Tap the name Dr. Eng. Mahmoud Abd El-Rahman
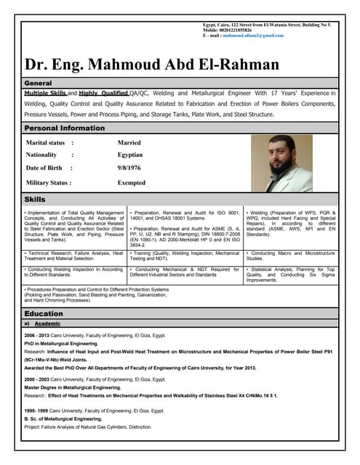click(152, 64)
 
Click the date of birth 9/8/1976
click(129, 169)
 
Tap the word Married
click(129, 143)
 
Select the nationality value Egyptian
click(130, 155)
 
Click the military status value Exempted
click(132, 183)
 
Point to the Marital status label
click(46, 143)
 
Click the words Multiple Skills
click(45, 94)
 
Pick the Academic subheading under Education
click(48, 323)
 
